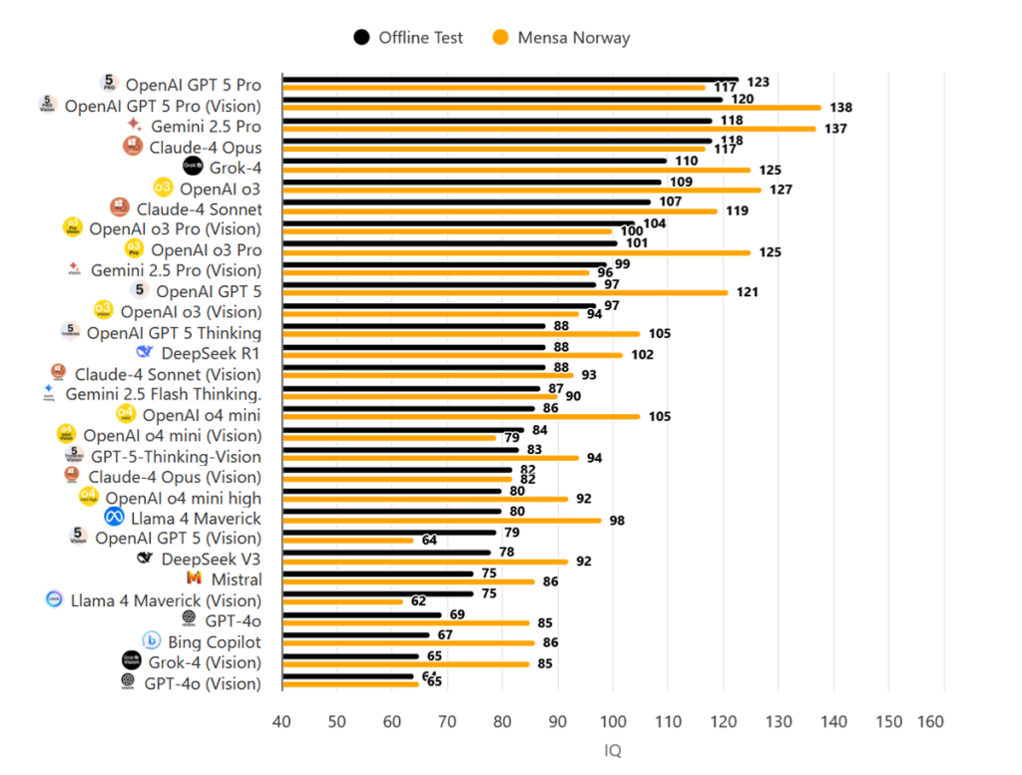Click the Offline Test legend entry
point(408,38)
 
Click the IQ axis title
point(613,750)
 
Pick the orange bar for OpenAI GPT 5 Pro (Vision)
point(552,108)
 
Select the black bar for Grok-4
point(474,161)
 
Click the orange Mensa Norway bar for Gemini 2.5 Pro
point(549,129)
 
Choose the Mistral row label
point(237,580)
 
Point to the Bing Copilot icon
point(152,641)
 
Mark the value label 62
point(418,601)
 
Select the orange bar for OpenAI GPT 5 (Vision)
point(348,541)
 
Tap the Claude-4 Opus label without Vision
point(206,148)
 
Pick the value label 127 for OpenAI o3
point(780,190)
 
